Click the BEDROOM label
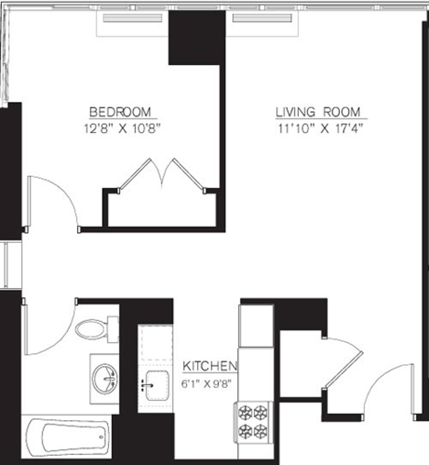pos(120,112)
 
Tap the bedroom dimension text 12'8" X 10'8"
pos(120,128)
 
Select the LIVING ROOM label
pos(318,112)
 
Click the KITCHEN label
pos(209,366)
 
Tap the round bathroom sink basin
pos(104,379)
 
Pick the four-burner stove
pos(254,422)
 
